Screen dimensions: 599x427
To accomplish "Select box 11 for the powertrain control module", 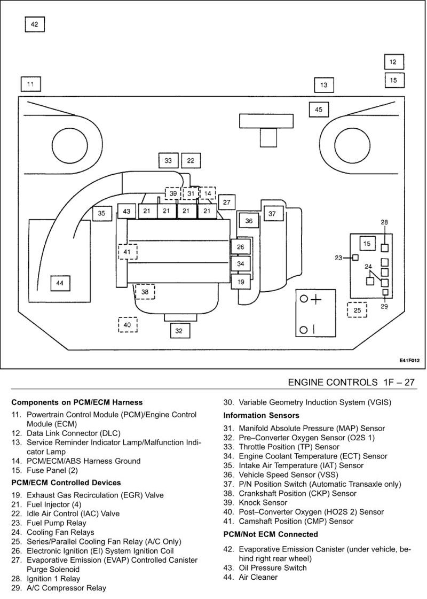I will click(x=30, y=84).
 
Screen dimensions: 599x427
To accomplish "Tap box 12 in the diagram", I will click(x=393, y=62).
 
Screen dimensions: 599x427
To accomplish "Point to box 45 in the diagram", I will click(x=319, y=110).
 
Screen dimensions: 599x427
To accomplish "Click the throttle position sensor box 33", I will click(x=168, y=160).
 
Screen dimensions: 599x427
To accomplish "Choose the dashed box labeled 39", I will click(x=173, y=193).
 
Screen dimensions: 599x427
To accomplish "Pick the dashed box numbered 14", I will click(x=208, y=193).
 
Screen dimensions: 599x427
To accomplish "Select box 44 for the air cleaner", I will click(x=60, y=283).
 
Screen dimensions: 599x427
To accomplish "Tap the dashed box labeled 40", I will click(x=128, y=325).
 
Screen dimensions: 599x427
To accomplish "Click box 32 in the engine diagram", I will click(x=179, y=331).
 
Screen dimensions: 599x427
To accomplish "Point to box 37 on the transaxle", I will click(x=272, y=214).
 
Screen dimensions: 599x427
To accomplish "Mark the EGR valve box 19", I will click(x=241, y=282).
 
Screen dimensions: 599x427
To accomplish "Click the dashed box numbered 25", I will click(x=357, y=310).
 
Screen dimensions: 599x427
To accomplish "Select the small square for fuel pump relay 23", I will click(x=355, y=258).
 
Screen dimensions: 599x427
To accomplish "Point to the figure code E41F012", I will click(x=410, y=361).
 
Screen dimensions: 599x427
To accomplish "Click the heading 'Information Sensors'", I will click(x=261, y=415).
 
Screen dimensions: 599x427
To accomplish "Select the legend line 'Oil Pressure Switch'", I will click(x=273, y=567).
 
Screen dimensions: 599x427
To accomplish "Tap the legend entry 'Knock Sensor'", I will click(x=263, y=502).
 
